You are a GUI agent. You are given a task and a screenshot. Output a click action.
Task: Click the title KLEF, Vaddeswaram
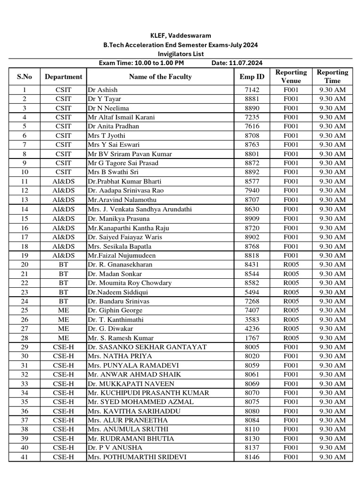pyautogui.click(x=181, y=35)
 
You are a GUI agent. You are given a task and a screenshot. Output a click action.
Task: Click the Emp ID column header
pyautogui.click(x=252, y=76)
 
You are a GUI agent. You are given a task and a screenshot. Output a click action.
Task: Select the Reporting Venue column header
pyautogui.click(x=291, y=76)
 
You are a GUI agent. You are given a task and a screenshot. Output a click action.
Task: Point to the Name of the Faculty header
pyautogui.click(x=160, y=76)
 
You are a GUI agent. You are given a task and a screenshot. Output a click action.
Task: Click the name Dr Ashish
pyautogui.click(x=103, y=90)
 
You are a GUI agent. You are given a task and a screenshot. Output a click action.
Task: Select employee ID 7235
pyautogui.click(x=252, y=117)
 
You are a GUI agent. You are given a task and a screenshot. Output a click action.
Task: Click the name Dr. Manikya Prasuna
pyautogui.click(x=118, y=218)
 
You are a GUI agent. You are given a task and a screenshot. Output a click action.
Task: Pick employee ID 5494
pyautogui.click(x=252, y=292)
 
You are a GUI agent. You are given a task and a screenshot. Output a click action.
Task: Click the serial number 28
pyautogui.click(x=25, y=338)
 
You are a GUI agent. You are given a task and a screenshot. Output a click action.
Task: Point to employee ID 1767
pyautogui.click(x=252, y=338)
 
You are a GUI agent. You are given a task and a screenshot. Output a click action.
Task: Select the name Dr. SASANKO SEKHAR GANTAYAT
pyautogui.click(x=147, y=347)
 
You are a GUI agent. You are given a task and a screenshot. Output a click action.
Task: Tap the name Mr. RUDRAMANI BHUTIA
pyautogui.click(x=131, y=438)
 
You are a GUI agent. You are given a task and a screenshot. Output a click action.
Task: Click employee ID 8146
pyautogui.click(x=252, y=457)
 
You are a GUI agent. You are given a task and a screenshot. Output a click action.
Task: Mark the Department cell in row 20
pyautogui.click(x=63, y=264)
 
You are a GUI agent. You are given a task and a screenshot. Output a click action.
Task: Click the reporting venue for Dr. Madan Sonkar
pyautogui.click(x=291, y=274)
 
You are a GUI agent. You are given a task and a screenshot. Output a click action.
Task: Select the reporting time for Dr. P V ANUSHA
pyautogui.click(x=332, y=448)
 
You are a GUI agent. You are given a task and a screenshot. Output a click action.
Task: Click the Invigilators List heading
pyautogui.click(x=181, y=54)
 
